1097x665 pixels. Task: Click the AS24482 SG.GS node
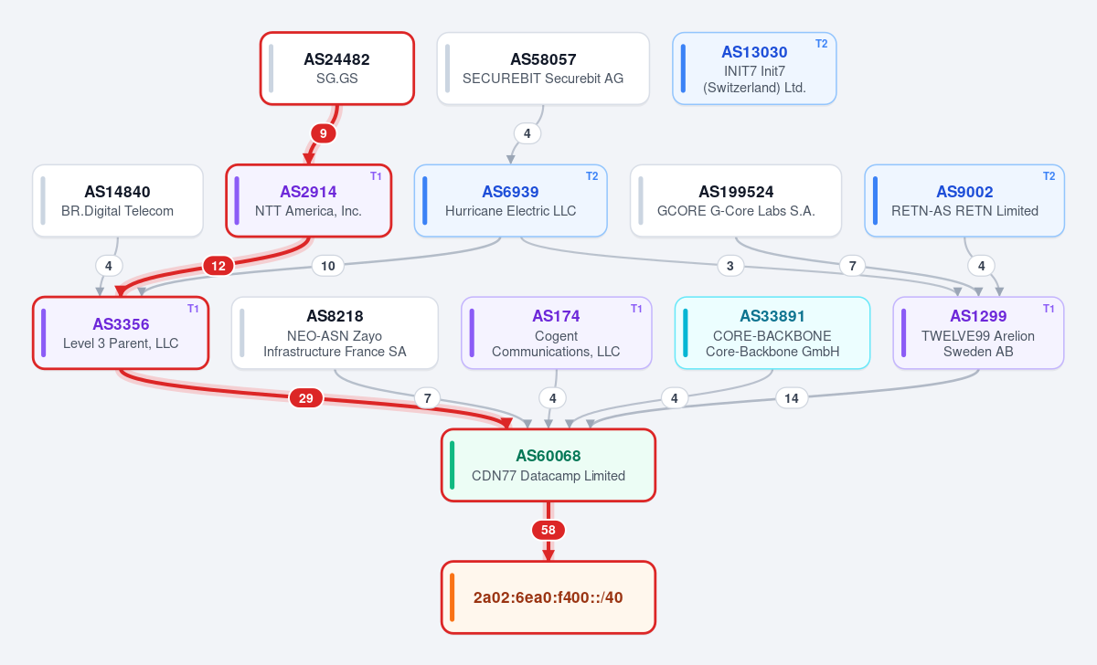tap(337, 69)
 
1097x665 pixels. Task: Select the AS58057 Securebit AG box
tap(543, 69)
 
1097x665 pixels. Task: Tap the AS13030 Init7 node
tap(754, 69)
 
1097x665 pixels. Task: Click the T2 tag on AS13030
tap(821, 44)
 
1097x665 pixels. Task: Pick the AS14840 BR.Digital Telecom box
tap(118, 201)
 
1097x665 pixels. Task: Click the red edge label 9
tap(324, 133)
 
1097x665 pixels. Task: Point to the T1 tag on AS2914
tap(376, 176)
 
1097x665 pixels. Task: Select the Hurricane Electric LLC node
tap(510, 201)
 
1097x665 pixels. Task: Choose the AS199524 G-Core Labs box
tap(736, 201)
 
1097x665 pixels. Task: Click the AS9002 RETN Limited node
tap(964, 201)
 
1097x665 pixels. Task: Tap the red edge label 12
tap(218, 266)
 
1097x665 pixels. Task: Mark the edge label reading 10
tap(327, 266)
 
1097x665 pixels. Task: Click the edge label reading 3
tap(730, 266)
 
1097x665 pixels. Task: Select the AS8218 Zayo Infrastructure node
tap(335, 332)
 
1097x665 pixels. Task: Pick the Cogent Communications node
tap(557, 332)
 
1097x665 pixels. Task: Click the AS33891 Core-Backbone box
tap(772, 332)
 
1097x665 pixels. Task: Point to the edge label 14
tap(792, 398)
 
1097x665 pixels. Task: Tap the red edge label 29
tap(306, 398)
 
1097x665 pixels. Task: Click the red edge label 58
tap(548, 530)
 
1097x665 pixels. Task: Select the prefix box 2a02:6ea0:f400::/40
tap(548, 597)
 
